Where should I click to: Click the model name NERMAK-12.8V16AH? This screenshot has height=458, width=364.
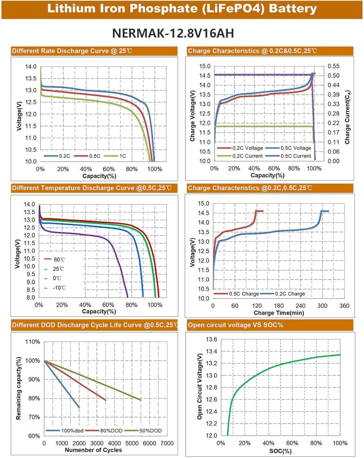(173, 33)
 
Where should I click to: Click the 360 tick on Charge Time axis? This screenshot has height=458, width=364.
(344, 306)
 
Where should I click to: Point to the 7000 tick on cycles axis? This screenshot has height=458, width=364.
(167, 443)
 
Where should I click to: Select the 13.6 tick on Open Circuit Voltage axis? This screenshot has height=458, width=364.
(211, 340)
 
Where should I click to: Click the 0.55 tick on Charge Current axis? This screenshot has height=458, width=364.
(333, 66)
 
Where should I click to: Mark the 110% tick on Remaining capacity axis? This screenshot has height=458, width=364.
(32, 342)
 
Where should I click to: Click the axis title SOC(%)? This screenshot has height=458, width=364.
(280, 451)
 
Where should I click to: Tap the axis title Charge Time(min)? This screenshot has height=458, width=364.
(278, 313)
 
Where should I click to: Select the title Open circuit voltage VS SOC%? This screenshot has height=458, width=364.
(235, 325)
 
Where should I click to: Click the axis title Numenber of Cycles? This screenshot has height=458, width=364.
(93, 450)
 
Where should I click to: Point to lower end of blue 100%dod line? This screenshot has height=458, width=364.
(79, 407)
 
